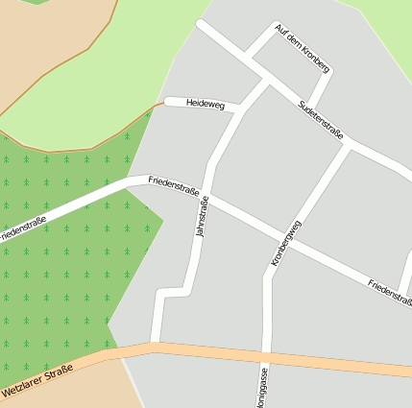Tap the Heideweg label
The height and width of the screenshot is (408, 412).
(205, 103)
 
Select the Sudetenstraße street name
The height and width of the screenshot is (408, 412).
(321, 119)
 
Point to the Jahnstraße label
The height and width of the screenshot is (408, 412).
(202, 216)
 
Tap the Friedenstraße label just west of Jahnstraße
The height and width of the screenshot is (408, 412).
(174, 184)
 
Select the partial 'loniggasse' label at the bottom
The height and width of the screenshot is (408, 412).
(263, 388)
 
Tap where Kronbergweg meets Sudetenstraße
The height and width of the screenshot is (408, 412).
(348, 144)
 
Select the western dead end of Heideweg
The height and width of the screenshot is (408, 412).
(168, 101)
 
